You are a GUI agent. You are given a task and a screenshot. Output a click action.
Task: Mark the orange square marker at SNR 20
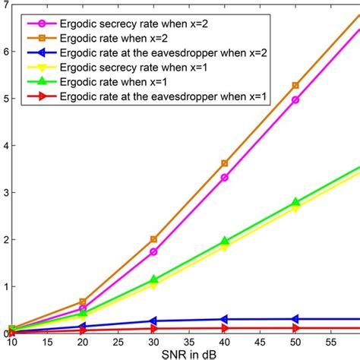tap(84, 302)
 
